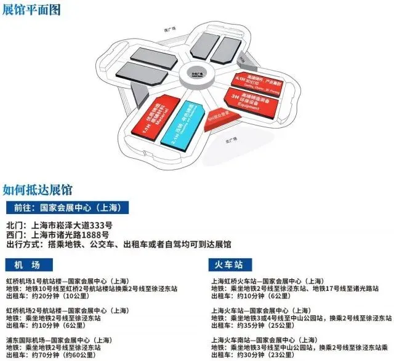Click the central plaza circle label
198,69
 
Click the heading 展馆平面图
32,9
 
